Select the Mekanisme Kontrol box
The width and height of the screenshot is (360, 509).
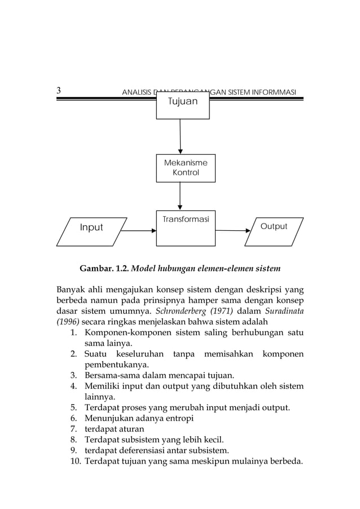tap(185, 168)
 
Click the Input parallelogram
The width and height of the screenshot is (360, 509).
tap(91, 231)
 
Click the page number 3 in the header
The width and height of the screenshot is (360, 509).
tap(59, 91)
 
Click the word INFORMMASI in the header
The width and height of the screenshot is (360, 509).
tap(277, 93)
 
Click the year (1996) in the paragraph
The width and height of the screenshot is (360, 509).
tap(68, 322)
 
